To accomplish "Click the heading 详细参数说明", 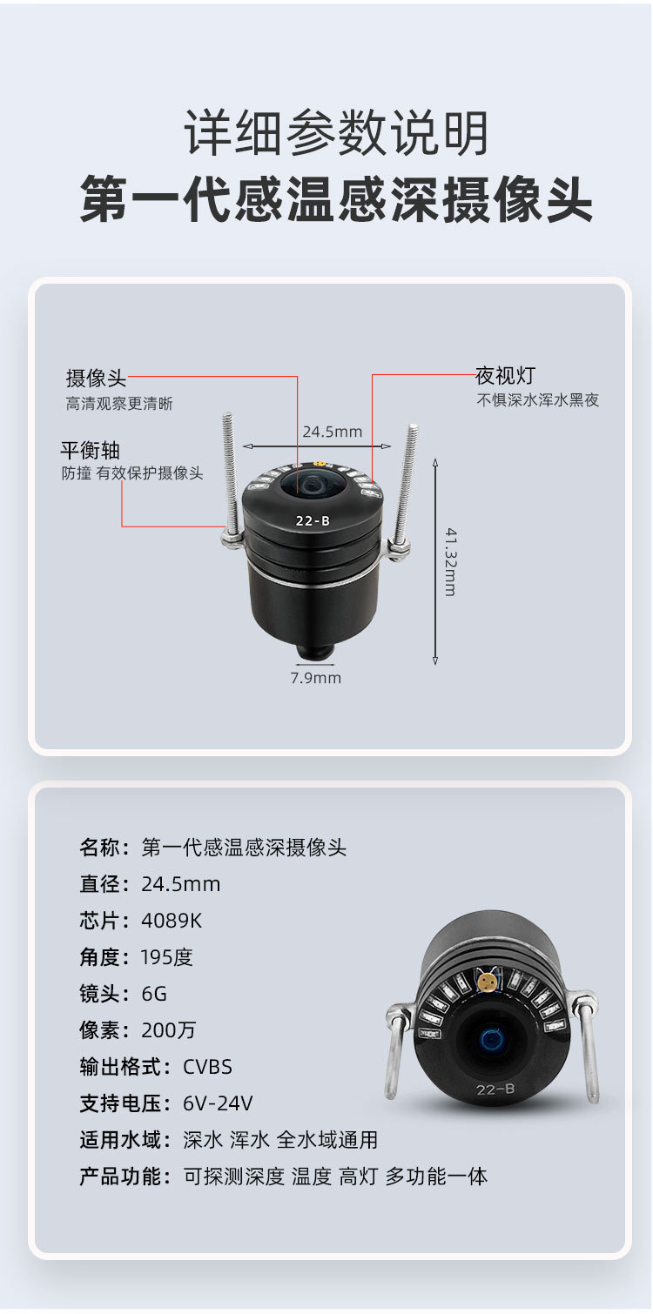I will [336, 134].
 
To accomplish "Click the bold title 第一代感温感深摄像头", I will [336, 200].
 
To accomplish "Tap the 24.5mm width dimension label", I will [332, 432].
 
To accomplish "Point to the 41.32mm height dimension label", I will [450, 561].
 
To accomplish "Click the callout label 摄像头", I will [97, 378].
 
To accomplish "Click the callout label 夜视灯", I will [505, 376].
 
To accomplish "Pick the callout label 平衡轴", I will [90, 451].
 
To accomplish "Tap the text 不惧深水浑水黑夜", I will [537, 401].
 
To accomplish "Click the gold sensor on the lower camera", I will [487, 982].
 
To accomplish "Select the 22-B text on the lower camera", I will [495, 1089].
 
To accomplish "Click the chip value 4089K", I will [172, 921].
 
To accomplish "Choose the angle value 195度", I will [167, 957].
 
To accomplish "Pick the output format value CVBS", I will [207, 1067].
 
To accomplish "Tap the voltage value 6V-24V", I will [218, 1103].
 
